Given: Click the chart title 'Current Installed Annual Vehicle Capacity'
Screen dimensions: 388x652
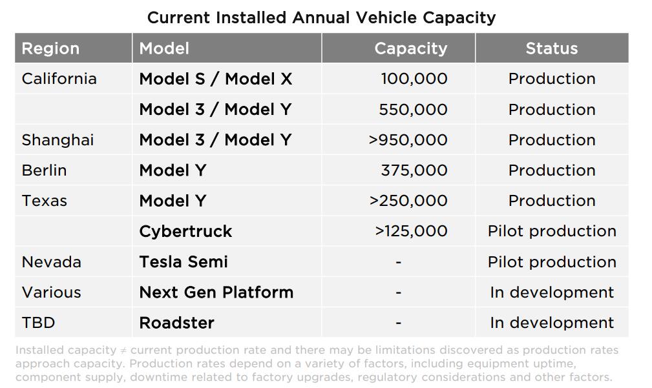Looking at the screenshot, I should click(x=321, y=17).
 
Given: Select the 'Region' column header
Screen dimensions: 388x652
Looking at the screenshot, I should click(x=50, y=48).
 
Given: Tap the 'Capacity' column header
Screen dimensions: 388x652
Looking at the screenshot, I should click(x=410, y=48).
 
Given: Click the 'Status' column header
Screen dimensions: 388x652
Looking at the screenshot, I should click(x=551, y=48).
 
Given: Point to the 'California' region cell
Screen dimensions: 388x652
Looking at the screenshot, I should click(x=59, y=79).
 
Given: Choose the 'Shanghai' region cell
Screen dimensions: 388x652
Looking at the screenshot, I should click(x=58, y=140).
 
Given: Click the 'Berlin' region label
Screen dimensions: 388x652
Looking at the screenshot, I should click(x=44, y=170).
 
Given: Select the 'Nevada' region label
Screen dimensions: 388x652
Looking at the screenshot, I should click(x=51, y=262).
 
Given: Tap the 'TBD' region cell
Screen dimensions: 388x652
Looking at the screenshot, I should click(x=38, y=323).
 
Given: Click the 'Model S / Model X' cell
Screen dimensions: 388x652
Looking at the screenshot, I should click(x=215, y=79).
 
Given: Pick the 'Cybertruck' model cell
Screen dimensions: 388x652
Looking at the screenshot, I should click(x=185, y=232).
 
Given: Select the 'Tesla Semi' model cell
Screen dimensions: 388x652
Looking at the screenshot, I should click(x=184, y=262).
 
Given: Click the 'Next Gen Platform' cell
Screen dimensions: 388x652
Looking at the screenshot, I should click(x=216, y=292).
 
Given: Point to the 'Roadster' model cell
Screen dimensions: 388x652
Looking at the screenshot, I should click(x=176, y=323).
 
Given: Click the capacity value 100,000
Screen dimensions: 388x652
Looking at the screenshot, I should click(x=414, y=79).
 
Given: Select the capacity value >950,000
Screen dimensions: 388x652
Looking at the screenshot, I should click(x=408, y=140).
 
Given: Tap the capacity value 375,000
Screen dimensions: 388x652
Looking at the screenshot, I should click(x=414, y=170).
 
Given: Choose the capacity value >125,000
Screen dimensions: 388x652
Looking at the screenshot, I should click(x=411, y=231).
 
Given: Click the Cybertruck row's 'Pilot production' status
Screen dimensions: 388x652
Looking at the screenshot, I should click(x=551, y=231).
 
